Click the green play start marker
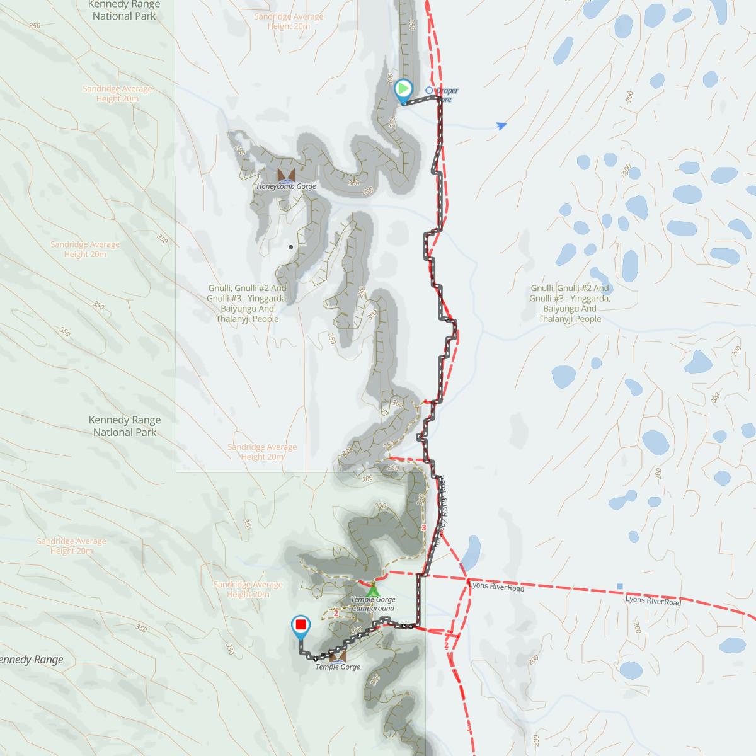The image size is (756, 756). point(403,89)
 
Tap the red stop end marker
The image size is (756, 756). point(301,625)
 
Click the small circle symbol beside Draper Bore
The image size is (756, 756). point(429,90)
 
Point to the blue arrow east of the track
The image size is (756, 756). point(501,126)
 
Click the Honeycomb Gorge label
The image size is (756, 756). point(286,186)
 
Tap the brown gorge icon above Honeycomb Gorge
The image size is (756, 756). point(285,175)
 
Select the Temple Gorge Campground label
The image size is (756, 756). point(373,604)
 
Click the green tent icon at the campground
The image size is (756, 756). point(373,591)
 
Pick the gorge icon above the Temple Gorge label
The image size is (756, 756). point(338,656)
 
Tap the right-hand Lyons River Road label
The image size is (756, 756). point(653,602)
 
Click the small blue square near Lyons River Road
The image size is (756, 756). point(620,587)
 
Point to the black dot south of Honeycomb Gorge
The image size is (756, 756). point(290,247)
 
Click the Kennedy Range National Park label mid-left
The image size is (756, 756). point(125,426)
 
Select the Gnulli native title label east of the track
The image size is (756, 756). point(570,303)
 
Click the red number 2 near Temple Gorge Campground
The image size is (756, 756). point(336,613)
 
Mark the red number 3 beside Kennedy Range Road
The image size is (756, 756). point(424,527)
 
